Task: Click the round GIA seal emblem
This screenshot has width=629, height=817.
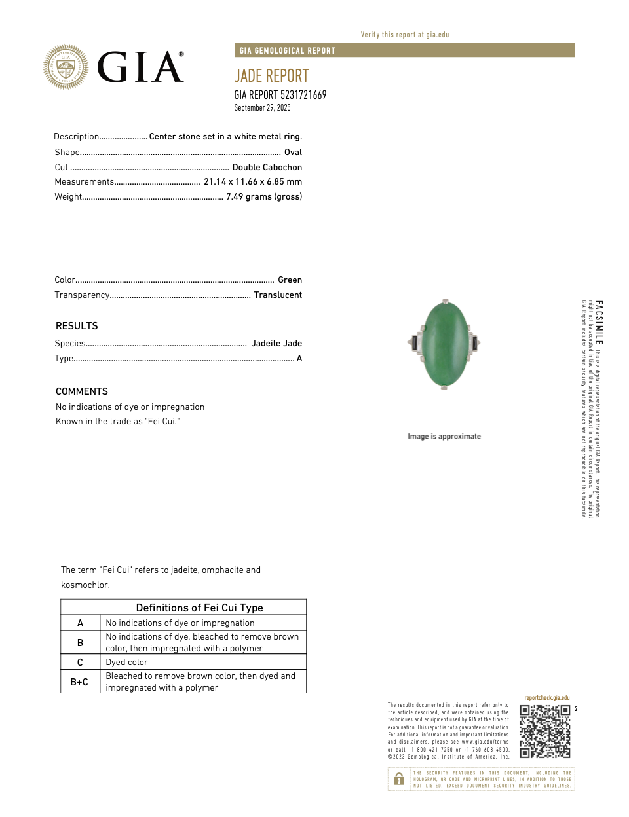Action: pyautogui.click(x=66, y=67)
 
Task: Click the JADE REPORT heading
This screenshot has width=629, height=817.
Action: pyautogui.click(x=271, y=76)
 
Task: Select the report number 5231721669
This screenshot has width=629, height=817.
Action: pyautogui.click(x=303, y=95)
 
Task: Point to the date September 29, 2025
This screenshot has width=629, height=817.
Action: pyautogui.click(x=262, y=108)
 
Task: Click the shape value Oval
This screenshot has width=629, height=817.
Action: pyautogui.click(x=293, y=153)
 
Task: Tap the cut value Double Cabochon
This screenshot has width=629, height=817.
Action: pyautogui.click(x=267, y=168)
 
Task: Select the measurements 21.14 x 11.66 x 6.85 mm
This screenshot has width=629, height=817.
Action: pyautogui.click(x=252, y=182)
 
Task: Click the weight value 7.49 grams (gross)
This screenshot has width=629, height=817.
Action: pyautogui.click(x=263, y=197)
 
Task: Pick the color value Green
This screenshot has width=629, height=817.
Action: pyautogui.click(x=290, y=280)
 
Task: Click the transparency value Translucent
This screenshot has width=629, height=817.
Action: pyautogui.click(x=278, y=295)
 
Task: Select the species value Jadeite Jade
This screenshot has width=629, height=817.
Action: pyautogui.click(x=276, y=344)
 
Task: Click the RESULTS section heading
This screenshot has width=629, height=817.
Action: pyautogui.click(x=77, y=326)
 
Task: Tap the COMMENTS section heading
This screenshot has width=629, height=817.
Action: pyautogui.click(x=82, y=391)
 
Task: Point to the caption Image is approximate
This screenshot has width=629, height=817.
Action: pyautogui.click(x=444, y=437)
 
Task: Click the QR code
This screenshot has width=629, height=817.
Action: pyautogui.click(x=545, y=731)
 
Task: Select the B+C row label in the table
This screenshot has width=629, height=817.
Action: pyautogui.click(x=79, y=682)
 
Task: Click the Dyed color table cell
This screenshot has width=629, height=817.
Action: pyautogui.click(x=127, y=663)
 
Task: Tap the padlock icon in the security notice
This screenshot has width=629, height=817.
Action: pyautogui.click(x=399, y=779)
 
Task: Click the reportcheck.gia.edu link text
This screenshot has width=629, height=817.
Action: pyautogui.click(x=546, y=698)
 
